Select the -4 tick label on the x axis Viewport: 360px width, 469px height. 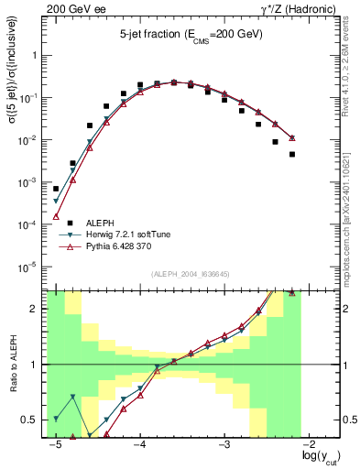(x=140, y=445)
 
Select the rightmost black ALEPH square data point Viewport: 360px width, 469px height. (x=292, y=154)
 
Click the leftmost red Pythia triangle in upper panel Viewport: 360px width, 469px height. (x=56, y=217)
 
